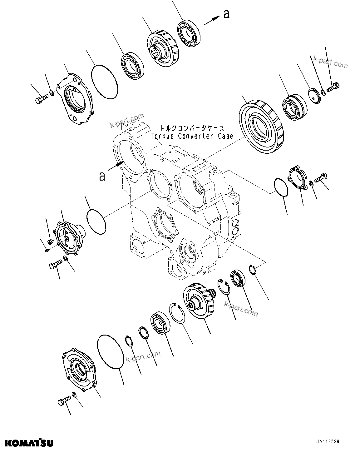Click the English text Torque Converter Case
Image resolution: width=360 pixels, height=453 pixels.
192,136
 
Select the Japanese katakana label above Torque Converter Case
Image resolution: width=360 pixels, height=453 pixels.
192,128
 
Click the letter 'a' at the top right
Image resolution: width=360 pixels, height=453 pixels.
226,14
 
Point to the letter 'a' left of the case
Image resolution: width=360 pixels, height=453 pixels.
102,176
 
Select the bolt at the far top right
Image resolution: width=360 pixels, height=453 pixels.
333,87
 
